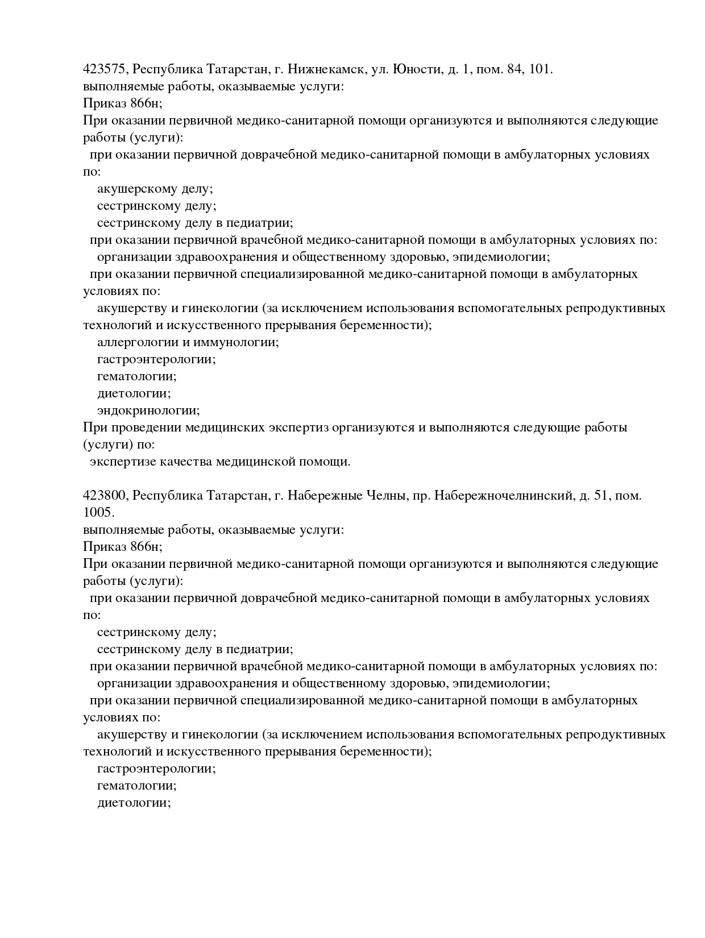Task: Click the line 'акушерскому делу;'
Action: pos(155,189)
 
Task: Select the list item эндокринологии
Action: pos(148,410)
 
